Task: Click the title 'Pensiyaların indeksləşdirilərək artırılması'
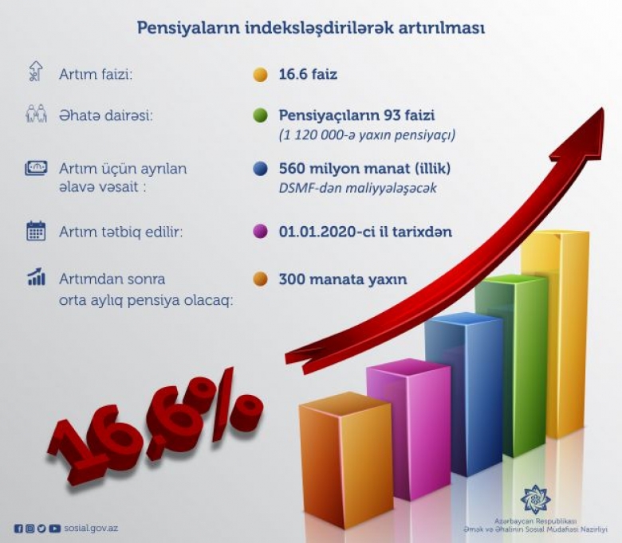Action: (x=311, y=29)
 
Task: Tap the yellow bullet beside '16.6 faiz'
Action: (x=260, y=75)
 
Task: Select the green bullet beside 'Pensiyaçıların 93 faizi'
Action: (x=260, y=115)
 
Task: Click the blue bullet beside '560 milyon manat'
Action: (x=260, y=169)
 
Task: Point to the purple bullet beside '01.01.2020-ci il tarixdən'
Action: (x=260, y=232)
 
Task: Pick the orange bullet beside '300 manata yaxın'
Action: (x=260, y=279)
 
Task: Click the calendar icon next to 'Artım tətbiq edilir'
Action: (x=36, y=232)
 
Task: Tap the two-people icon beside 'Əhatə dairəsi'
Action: (x=36, y=114)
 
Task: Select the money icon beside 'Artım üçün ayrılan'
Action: (x=36, y=168)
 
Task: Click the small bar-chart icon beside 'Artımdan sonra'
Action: (x=36, y=276)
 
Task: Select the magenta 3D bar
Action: (x=408, y=428)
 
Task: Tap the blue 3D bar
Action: (x=464, y=392)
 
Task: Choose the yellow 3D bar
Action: (x=555, y=333)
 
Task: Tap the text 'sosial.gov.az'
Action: (x=91, y=529)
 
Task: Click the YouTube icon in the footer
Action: (x=55, y=529)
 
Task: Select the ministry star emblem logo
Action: (x=535, y=498)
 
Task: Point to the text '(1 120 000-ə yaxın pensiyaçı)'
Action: (x=367, y=135)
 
